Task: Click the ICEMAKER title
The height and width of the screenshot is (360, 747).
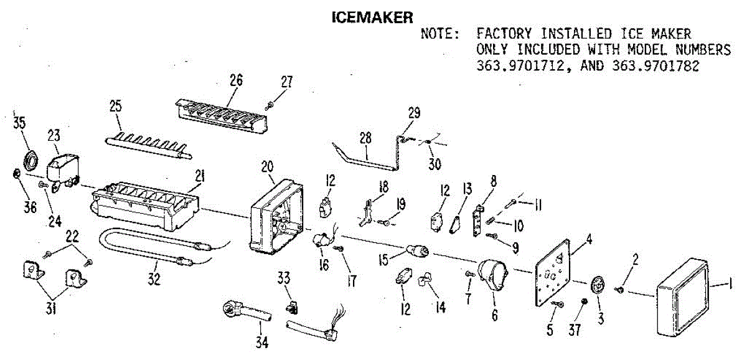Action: [372, 17]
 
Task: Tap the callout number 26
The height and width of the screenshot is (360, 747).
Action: [236, 80]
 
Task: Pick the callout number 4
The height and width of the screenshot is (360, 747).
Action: [589, 237]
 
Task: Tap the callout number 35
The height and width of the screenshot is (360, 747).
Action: [18, 121]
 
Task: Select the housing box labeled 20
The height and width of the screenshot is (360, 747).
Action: [278, 218]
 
